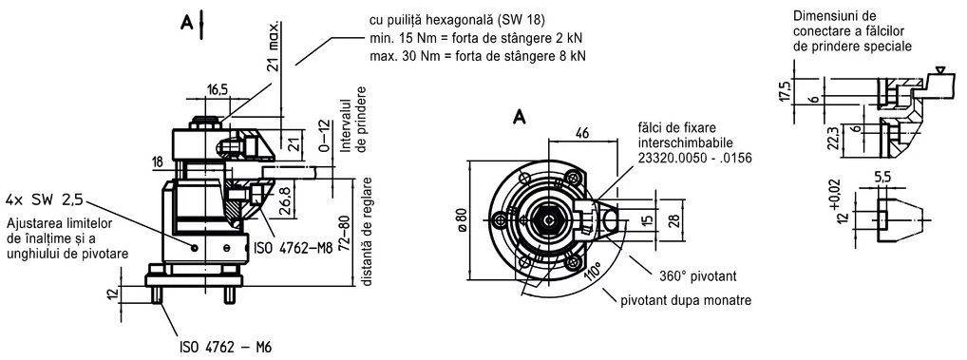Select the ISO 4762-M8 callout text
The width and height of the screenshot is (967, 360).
294,249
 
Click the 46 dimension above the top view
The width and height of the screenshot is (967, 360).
582,132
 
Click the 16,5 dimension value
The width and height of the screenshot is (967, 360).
218,89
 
